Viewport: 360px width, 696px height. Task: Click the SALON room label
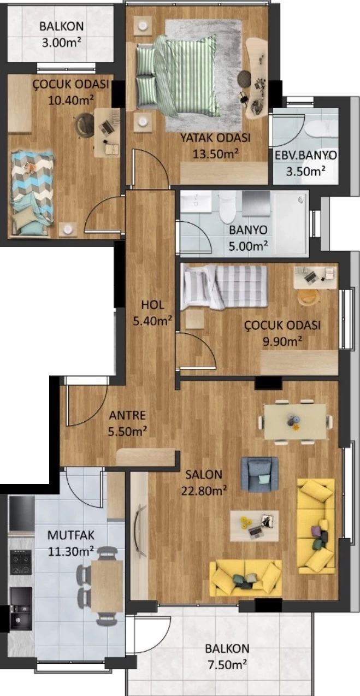203,474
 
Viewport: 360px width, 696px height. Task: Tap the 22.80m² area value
204,491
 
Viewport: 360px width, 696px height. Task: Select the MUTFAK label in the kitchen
71,535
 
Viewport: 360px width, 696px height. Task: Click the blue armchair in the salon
259,474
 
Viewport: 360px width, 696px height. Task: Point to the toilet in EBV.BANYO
321,129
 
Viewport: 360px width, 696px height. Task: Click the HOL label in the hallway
152,305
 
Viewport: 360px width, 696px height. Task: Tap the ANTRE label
127,415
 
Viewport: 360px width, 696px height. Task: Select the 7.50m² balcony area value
227,665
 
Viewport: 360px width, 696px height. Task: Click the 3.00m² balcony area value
62,42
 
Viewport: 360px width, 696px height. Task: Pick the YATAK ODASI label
216,138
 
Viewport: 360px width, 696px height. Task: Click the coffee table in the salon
255,526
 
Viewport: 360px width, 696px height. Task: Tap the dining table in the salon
295,422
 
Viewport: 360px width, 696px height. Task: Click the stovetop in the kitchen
21,562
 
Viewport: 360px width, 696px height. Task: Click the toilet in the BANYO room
228,207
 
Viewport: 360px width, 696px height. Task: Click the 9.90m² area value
282,341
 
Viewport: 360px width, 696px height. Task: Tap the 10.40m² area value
71,101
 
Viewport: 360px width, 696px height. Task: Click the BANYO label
248,230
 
